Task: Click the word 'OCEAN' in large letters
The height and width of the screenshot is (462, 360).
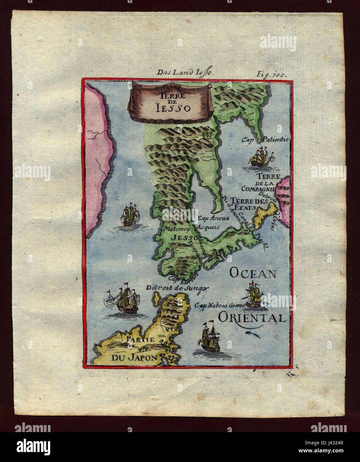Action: click(253, 273)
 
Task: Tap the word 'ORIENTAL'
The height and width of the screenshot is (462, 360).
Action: click(252, 317)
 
